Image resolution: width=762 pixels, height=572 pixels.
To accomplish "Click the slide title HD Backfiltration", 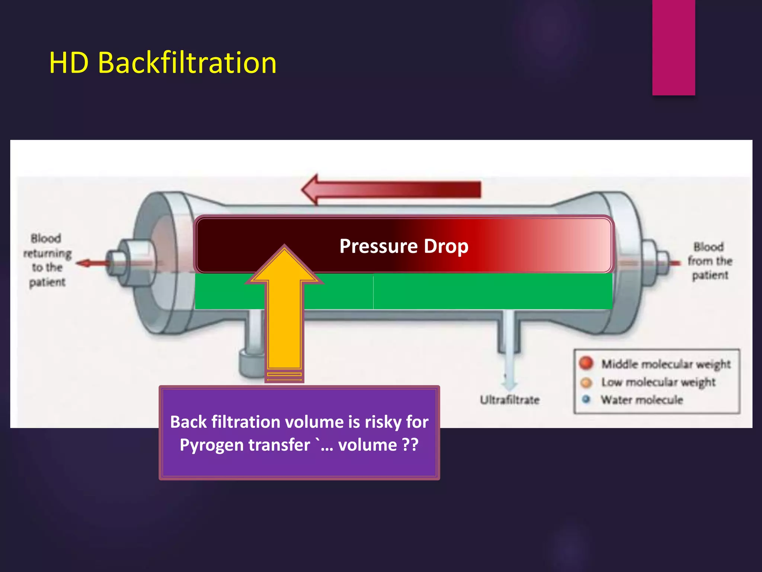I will click(x=163, y=63).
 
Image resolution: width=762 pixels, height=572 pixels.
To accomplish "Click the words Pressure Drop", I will click(x=404, y=246).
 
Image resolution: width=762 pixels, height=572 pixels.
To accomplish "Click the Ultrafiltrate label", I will click(x=509, y=400).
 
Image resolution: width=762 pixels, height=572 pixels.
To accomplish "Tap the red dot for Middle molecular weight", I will click(x=586, y=363).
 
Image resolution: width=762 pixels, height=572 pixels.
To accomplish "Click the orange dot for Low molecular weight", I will click(x=586, y=382).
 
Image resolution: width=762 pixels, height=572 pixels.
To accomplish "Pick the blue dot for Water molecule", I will click(x=586, y=399).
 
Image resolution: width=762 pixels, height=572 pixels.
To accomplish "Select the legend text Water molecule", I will click(x=642, y=400).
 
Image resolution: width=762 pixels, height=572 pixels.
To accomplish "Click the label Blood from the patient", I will click(x=710, y=261).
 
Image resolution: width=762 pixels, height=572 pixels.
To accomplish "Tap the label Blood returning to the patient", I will click(x=47, y=260).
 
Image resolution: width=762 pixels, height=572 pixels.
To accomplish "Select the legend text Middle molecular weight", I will click(x=666, y=364).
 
